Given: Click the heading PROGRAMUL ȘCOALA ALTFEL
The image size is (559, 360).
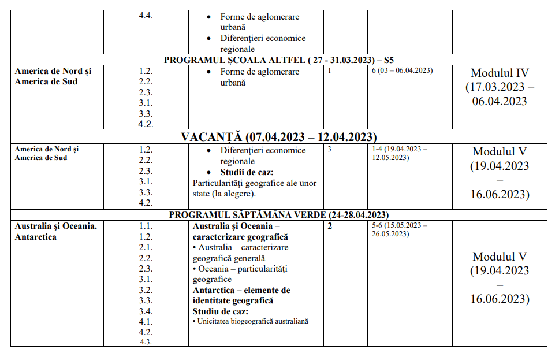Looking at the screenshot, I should pos(279,60).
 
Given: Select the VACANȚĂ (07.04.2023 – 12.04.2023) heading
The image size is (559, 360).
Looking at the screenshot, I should pos(279,137).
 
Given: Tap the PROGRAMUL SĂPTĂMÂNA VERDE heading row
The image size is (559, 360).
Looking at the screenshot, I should pos(278,214).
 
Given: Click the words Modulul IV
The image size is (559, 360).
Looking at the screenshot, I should pos(500,73).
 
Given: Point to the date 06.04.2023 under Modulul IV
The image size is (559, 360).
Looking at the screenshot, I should pos(500,101).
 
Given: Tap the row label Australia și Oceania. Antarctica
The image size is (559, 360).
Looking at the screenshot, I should pos(55,231).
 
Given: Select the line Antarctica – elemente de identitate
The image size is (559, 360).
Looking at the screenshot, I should pos(241,290).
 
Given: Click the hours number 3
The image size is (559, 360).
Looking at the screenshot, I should pos(329,149).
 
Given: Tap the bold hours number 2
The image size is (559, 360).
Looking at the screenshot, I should pos(330,226).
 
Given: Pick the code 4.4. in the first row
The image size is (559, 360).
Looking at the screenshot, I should pos(146,16).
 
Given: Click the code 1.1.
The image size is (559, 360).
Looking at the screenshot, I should pos(146,226).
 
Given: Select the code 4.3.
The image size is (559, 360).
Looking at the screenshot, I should pos(146,342).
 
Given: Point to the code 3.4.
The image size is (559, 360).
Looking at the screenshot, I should pos(146,311).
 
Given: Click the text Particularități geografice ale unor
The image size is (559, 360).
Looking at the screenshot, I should pos(254,183).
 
